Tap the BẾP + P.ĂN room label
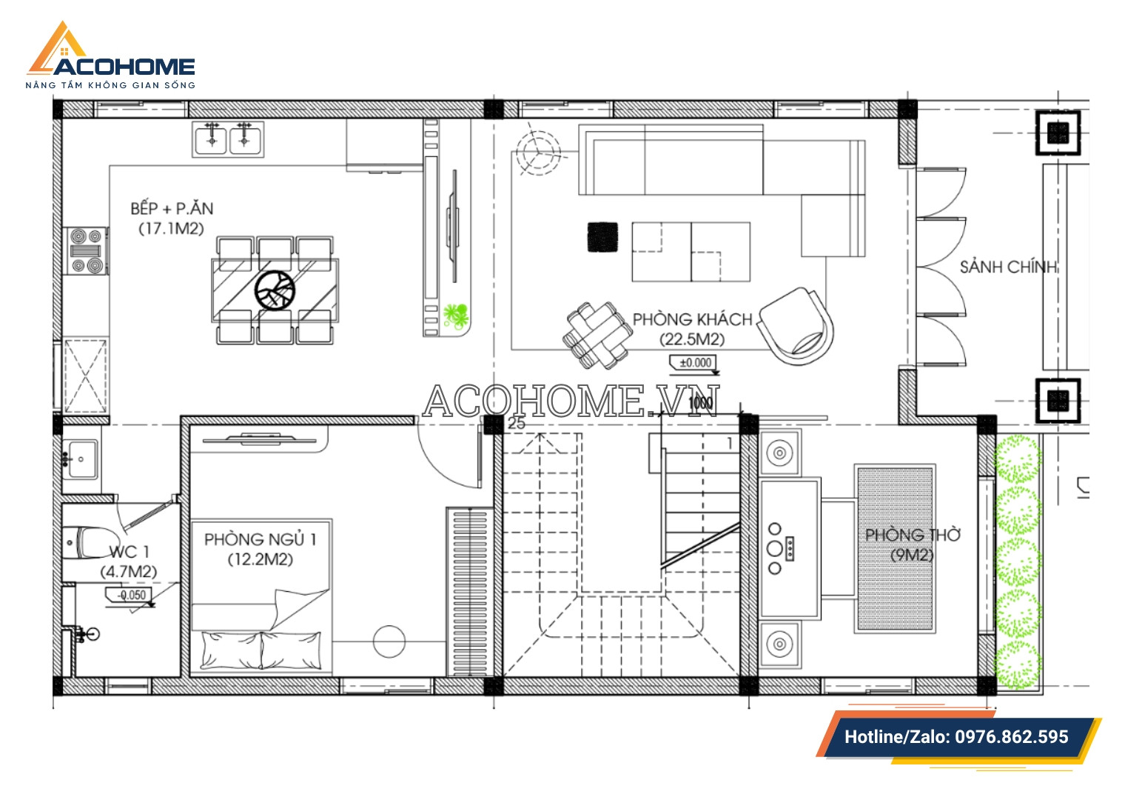(x=172, y=208)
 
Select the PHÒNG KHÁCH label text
(x=692, y=319)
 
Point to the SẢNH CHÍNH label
(x=1009, y=267)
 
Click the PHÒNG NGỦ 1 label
(x=261, y=539)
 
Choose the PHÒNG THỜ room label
(x=913, y=535)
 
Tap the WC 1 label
(x=129, y=552)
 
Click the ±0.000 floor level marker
(x=694, y=363)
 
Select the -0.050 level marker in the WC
(x=130, y=596)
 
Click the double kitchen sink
(x=228, y=139)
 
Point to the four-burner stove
(x=86, y=251)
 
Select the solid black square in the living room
(x=602, y=237)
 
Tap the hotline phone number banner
(x=957, y=737)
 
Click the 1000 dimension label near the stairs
(x=700, y=403)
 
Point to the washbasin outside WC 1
(x=81, y=459)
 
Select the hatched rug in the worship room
(x=895, y=548)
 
